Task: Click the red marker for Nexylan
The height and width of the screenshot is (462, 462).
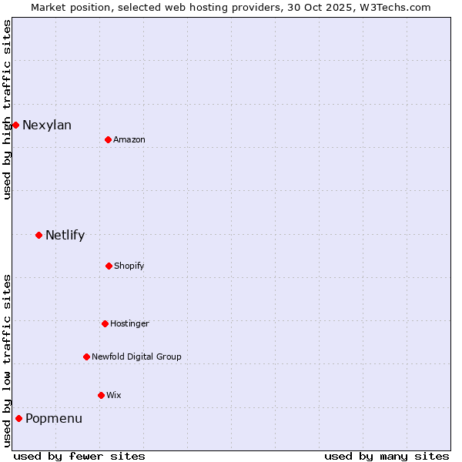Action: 15,125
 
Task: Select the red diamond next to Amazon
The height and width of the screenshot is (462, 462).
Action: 108,139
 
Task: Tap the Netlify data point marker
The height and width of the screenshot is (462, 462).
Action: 38,235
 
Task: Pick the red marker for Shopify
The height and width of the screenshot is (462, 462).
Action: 109,266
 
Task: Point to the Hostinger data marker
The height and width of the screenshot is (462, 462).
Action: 105,323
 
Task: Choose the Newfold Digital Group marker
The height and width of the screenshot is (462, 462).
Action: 86,357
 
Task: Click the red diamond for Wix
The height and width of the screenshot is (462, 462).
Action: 101,395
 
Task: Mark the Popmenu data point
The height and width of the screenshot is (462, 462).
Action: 18,418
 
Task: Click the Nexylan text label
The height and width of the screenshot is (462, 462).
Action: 47,126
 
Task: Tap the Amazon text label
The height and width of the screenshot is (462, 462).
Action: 129,140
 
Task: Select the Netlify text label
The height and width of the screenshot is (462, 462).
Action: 65,236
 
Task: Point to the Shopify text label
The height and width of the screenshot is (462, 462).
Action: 129,266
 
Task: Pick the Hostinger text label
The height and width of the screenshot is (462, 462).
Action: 129,324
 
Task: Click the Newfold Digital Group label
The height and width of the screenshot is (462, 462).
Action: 137,357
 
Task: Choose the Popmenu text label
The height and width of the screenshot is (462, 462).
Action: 54,419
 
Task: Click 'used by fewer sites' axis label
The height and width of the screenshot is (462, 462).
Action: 79,456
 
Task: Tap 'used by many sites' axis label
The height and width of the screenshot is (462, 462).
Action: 387,456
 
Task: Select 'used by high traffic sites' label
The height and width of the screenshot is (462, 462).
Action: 7,109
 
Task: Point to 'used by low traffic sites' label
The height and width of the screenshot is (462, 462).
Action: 7,360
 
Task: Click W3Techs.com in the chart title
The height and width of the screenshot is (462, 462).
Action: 395,7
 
